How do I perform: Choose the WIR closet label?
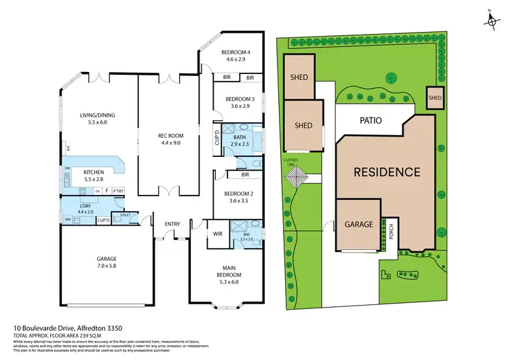[218, 233]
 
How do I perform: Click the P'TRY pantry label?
[118, 191]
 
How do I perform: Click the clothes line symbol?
[297, 179]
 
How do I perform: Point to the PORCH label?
[390, 234]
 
